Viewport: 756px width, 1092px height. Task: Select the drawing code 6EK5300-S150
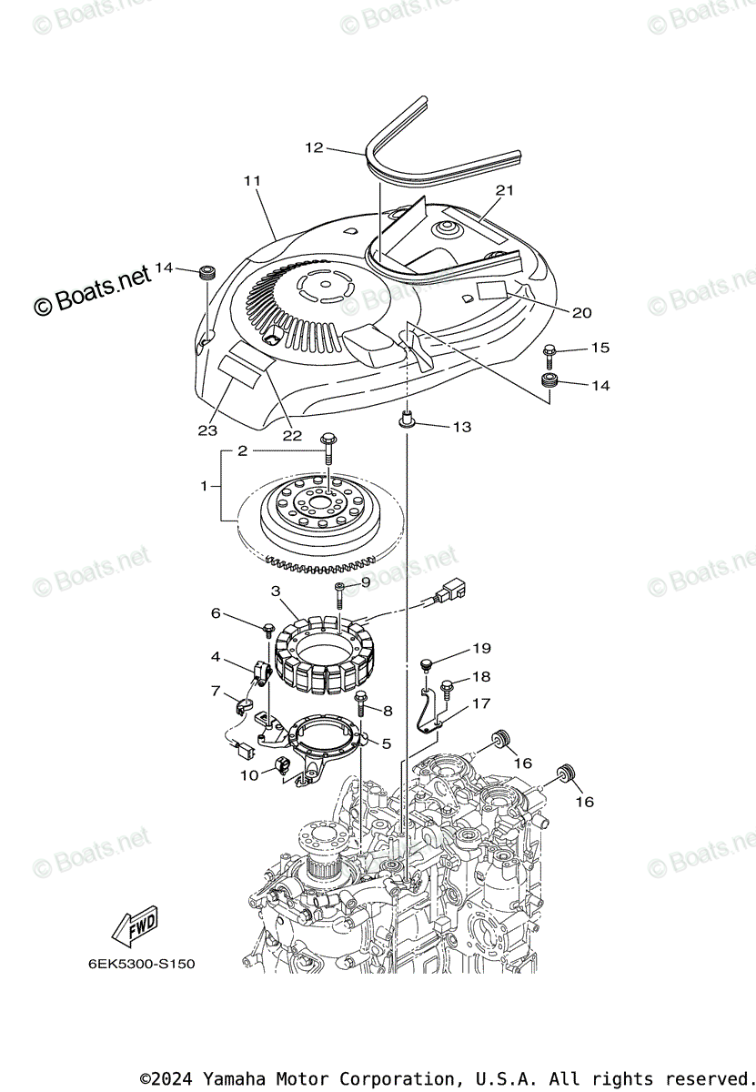(x=141, y=963)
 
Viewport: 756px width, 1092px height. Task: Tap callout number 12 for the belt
(x=314, y=147)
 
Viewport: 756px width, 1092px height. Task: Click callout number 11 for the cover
(x=252, y=181)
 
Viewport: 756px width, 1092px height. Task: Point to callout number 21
(x=505, y=190)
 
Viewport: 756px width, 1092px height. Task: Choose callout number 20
(x=581, y=313)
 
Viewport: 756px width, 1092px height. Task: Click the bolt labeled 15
(x=549, y=350)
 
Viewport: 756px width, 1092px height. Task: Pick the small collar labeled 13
(x=407, y=421)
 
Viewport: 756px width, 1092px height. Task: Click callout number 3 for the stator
(x=276, y=591)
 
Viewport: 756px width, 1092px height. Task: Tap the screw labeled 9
(x=339, y=593)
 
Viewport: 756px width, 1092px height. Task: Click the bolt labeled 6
(x=269, y=629)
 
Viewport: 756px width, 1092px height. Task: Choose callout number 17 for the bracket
(x=480, y=703)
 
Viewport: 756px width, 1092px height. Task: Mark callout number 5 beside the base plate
(x=386, y=743)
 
